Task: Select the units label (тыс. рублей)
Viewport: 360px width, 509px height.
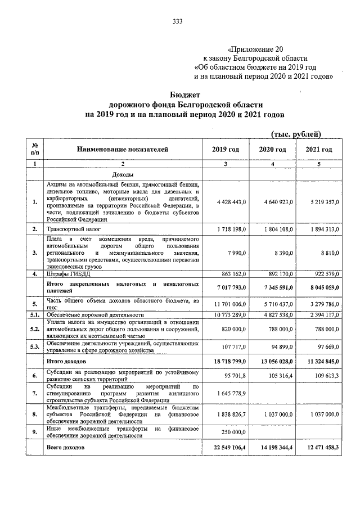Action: point(296,134)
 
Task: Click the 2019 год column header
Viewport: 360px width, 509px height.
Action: point(226,150)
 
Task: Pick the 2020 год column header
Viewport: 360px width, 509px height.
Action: point(272,150)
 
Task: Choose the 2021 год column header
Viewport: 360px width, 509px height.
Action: point(318,150)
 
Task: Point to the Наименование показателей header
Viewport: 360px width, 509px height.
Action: point(123,150)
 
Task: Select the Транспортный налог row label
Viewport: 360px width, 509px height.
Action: point(72,229)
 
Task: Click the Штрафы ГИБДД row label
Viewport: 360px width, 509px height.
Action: point(68,274)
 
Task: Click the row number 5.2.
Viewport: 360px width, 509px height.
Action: point(35,328)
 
